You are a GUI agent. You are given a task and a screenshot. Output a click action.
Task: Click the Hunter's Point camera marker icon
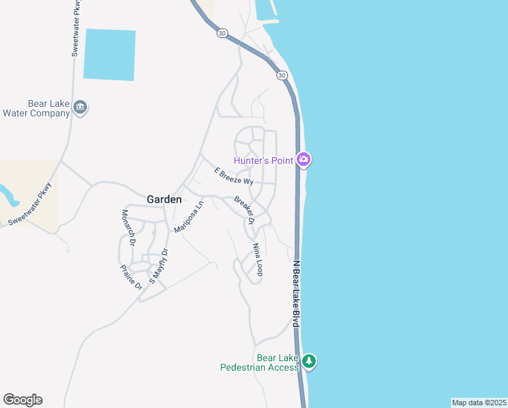pyautogui.click(x=304, y=160)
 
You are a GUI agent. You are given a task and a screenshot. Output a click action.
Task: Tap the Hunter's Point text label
pyautogui.click(x=264, y=160)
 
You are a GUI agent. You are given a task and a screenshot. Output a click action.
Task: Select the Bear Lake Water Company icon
pyautogui.click(x=80, y=107)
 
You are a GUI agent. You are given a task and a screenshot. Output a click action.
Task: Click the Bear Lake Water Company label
pyautogui.click(x=37, y=108)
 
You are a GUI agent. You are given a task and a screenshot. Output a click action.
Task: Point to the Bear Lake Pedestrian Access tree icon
pyautogui.click(x=310, y=361)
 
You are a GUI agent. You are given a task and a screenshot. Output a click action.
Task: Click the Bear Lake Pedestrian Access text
pyautogui.click(x=259, y=362)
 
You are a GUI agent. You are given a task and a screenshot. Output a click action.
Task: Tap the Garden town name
pyautogui.click(x=164, y=199)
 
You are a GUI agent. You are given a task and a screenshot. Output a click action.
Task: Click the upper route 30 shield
pyautogui.click(x=222, y=33)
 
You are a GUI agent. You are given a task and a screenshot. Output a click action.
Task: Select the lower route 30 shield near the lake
pyautogui.click(x=281, y=75)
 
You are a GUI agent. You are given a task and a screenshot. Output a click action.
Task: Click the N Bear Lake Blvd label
pyautogui.click(x=295, y=292)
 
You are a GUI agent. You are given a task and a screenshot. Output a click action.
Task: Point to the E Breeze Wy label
pyautogui.click(x=234, y=177)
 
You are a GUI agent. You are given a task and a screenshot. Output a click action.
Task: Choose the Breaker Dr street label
pyautogui.click(x=244, y=210)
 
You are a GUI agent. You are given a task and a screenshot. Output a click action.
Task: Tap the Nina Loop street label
pyautogui.click(x=257, y=259)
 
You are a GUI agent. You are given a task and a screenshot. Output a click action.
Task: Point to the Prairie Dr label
pyautogui.click(x=132, y=277)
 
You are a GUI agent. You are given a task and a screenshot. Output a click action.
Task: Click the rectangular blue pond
pyautogui.click(x=109, y=54)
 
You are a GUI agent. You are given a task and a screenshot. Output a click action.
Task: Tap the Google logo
pyautogui.click(x=22, y=400)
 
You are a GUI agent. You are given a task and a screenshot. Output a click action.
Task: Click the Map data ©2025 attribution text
pyautogui.click(x=479, y=402)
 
